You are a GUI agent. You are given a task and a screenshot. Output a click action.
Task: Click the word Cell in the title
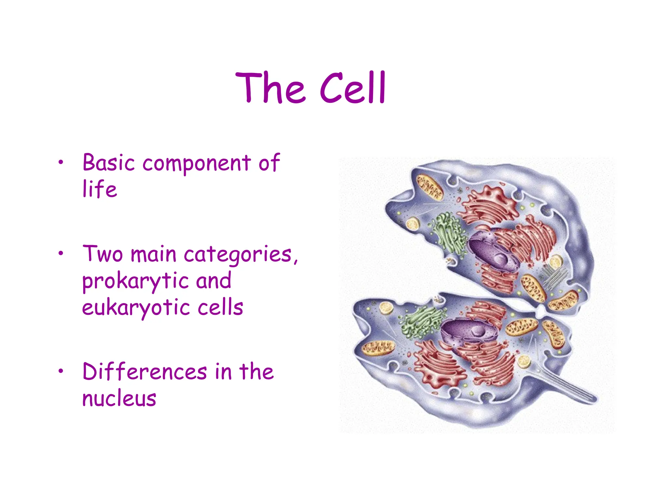click(x=353, y=88)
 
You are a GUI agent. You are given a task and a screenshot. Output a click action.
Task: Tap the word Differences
click(x=145, y=372)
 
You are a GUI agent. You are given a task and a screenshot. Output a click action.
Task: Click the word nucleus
click(x=119, y=398)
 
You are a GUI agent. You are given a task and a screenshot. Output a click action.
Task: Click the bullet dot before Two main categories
click(x=60, y=254)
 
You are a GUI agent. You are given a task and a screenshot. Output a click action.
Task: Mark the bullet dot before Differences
click(x=60, y=372)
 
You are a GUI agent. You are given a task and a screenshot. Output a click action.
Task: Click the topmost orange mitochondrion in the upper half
click(x=430, y=187)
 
